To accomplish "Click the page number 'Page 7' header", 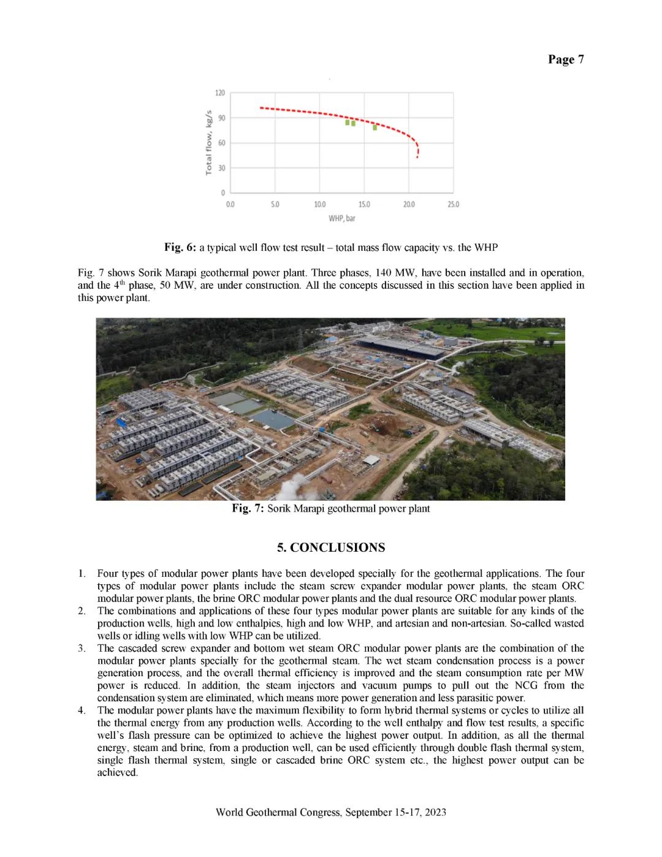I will coord(565,59).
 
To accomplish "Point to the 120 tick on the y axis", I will coord(220,93).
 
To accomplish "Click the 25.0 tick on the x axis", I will coord(453,204).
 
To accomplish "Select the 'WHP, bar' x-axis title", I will coord(341,218).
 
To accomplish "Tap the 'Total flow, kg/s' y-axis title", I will coord(208,142).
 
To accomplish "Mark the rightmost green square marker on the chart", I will coord(375,128).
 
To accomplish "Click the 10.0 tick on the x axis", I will coord(319,204).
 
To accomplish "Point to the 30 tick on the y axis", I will coord(221,168).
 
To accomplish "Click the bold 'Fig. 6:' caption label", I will coord(180,248).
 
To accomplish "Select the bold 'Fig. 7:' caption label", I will coord(248,509).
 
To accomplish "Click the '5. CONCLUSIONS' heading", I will coord(331,547).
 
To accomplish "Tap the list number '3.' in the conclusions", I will coord(82,649).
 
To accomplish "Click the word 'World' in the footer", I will coord(229,812).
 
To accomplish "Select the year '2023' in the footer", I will coord(435,812).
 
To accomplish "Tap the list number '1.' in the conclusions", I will coord(82,574).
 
